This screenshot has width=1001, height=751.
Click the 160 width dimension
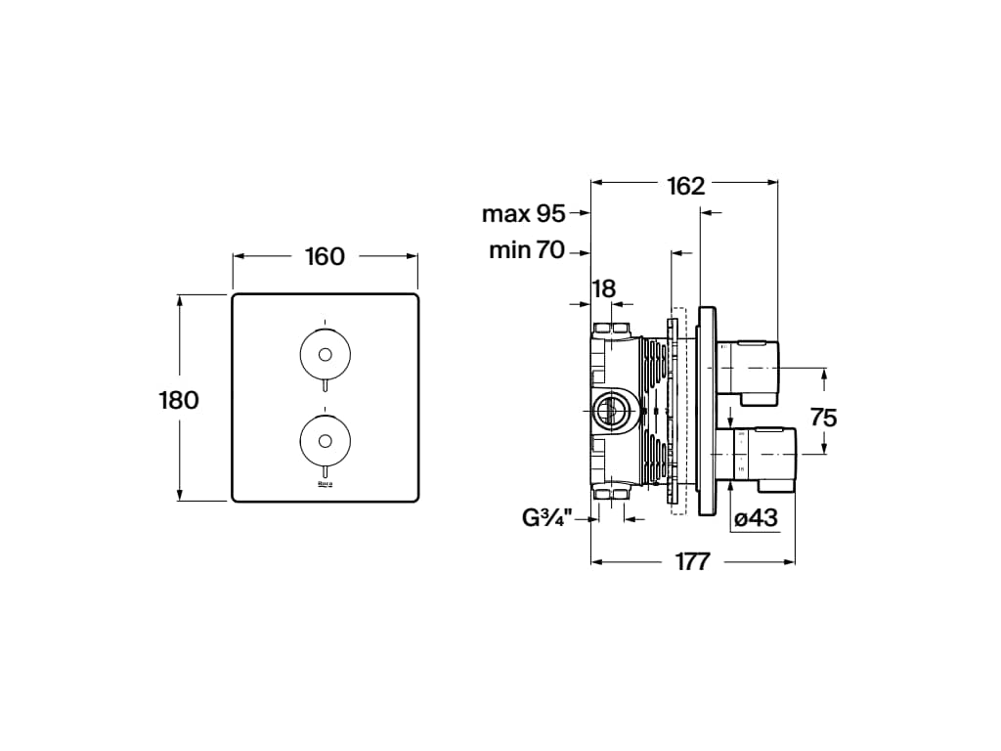[x=325, y=256]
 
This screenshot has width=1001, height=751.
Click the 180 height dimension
[x=179, y=399]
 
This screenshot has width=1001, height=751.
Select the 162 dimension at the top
[x=685, y=186]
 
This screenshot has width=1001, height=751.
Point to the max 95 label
[x=524, y=213]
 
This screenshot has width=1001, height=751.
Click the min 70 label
[x=527, y=250]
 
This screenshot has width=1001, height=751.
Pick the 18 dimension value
[x=604, y=288]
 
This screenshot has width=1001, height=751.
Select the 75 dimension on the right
[x=823, y=418]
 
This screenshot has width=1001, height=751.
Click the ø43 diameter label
[x=756, y=518]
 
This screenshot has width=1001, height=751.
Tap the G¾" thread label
[x=553, y=518]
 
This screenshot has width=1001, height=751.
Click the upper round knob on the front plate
[x=325, y=354]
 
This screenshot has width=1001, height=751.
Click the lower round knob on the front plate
[x=325, y=438]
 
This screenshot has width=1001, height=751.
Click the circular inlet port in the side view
[x=612, y=411]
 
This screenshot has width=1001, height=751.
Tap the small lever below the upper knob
[x=325, y=386]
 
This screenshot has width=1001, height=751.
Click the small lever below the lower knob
[x=325, y=470]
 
